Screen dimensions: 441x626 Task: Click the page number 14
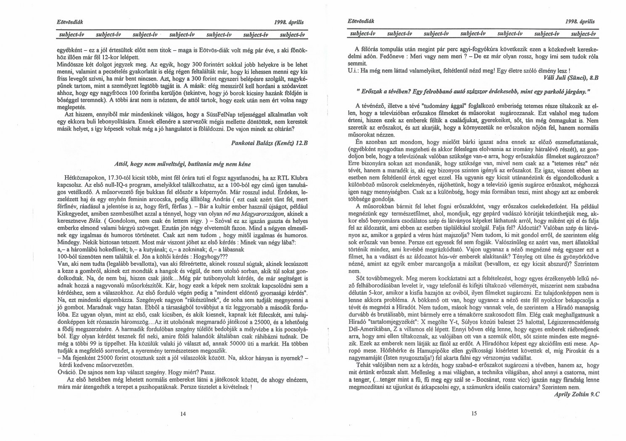point(183,413)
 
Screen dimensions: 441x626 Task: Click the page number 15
point(474,413)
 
